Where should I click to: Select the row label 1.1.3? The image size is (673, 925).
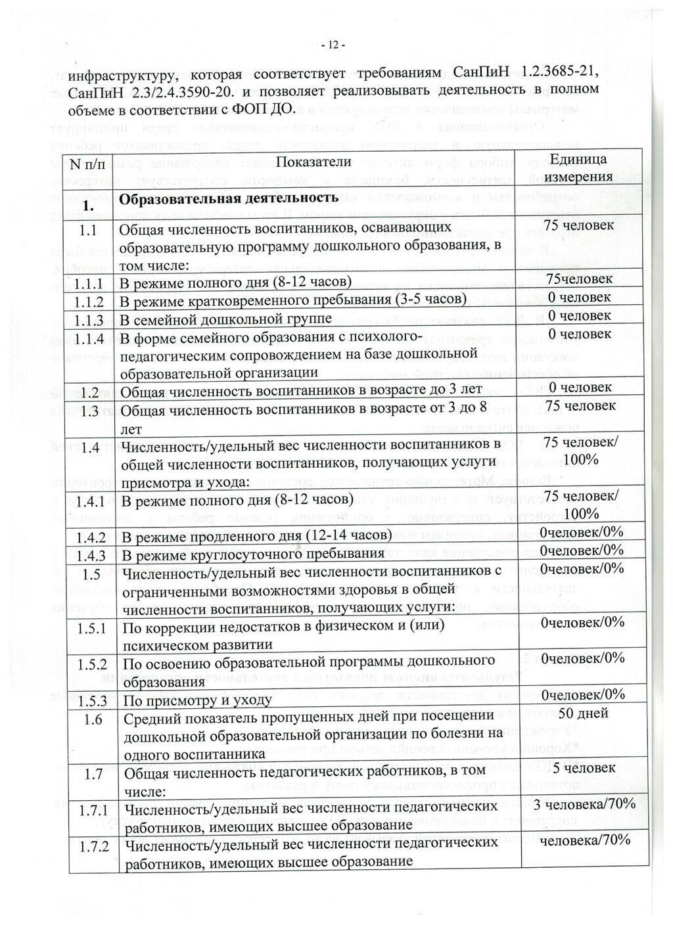(89, 320)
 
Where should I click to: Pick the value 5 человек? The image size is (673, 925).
(584, 767)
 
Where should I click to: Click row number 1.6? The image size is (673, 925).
(93, 719)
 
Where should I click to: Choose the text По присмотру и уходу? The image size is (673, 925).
(197, 699)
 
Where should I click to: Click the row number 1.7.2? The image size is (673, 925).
(93, 846)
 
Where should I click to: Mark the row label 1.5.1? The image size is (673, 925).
(92, 628)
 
